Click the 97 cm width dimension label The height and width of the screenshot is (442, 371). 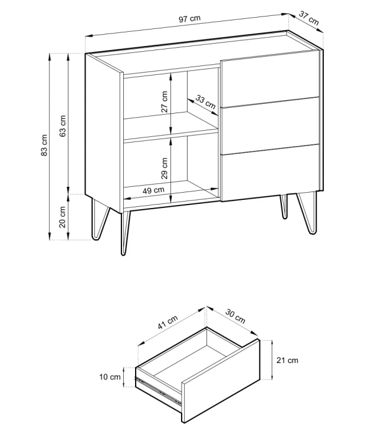pyautogui.click(x=189, y=19)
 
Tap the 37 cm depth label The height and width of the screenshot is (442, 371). pyautogui.click(x=308, y=18)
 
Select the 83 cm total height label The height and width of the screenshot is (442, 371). pyautogui.click(x=44, y=145)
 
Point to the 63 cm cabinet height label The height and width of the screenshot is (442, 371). pyautogui.click(x=63, y=126)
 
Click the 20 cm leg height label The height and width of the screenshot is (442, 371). pyautogui.click(x=63, y=217)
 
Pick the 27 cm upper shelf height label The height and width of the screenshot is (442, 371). pyautogui.click(x=164, y=102)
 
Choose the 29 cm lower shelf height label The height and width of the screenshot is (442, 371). pyautogui.click(x=164, y=168)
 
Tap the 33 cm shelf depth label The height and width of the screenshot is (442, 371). pyautogui.click(x=205, y=102)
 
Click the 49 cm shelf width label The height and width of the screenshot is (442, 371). pyautogui.click(x=153, y=190)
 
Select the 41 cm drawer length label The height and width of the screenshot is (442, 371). pyautogui.click(x=168, y=322)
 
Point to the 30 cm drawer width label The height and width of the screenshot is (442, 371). pyautogui.click(x=235, y=316)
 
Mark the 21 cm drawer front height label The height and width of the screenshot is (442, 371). pyautogui.click(x=287, y=360)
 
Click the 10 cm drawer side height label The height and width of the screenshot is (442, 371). pyautogui.click(x=110, y=377)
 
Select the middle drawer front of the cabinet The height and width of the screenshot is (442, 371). pyautogui.click(x=270, y=126)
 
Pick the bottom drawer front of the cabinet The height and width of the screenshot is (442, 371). pyautogui.click(x=270, y=173)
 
